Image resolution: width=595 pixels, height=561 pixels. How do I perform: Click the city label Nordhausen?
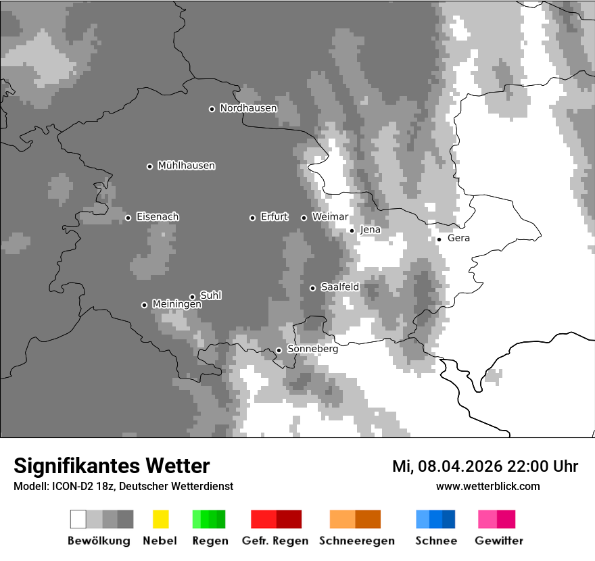point(248,108)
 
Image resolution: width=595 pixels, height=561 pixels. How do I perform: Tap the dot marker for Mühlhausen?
point(149,166)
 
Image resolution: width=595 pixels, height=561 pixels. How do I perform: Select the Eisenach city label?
point(158,217)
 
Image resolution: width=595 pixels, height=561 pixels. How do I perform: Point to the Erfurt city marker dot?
point(252,218)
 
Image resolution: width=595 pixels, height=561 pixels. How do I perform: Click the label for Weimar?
point(330,217)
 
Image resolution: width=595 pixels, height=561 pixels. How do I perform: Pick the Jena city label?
point(370,230)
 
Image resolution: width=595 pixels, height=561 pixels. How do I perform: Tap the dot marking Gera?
point(439,239)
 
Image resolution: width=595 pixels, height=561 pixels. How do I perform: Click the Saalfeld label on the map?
point(339,287)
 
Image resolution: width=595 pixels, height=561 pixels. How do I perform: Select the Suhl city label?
point(210,295)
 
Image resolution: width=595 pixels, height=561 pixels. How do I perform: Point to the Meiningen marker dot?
point(144,305)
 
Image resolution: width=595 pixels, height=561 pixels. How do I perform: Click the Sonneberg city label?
point(312,349)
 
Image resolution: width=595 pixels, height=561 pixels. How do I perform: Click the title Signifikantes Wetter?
point(112,466)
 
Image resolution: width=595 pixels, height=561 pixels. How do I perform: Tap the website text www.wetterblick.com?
point(487,486)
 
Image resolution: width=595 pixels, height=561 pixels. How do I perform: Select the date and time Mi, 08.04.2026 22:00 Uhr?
point(485,466)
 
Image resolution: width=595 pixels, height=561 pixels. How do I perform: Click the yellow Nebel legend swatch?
point(160,519)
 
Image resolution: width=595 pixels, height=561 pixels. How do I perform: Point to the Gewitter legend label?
point(498,541)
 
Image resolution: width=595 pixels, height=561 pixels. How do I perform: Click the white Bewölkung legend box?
point(78,519)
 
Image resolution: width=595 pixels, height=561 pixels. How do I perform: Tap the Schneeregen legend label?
point(356,541)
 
